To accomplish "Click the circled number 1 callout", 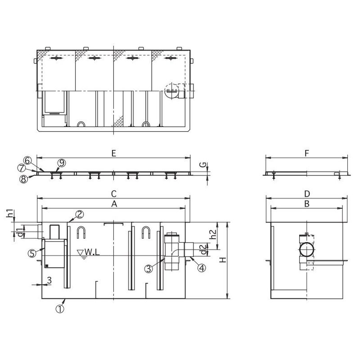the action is point(60,309).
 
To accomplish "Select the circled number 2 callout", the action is point(80,215).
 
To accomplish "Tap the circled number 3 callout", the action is point(149,268).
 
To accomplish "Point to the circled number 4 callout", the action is point(202,268).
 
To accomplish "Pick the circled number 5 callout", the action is point(32,253).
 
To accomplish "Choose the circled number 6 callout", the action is point(27,161).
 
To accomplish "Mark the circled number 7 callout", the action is point(21,168).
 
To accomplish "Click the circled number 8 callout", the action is point(23,179).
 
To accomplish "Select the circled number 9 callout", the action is point(62,163).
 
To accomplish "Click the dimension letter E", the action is point(114,153).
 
